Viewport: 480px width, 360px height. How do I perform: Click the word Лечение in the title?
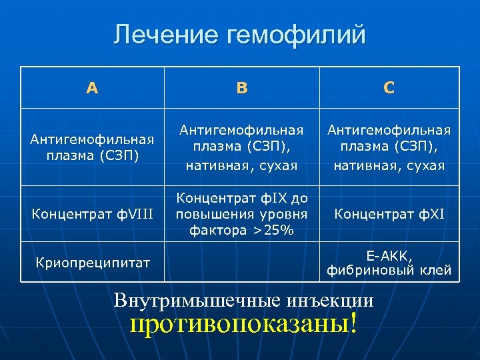point(165,35)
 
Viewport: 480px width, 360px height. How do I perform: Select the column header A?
point(92,87)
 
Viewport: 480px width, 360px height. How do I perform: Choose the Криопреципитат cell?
point(92,263)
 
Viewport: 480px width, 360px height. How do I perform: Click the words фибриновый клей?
point(389,270)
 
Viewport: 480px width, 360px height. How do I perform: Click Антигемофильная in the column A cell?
point(92,139)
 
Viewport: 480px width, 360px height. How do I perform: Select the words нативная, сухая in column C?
point(389,164)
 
